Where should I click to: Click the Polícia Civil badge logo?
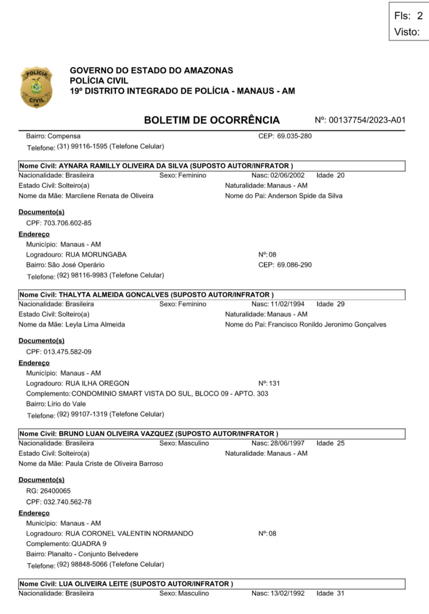coord(36,87)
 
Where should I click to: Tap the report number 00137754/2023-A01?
coord(367,120)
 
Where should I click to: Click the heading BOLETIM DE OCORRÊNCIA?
coord(212,120)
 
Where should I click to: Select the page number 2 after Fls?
coord(419,16)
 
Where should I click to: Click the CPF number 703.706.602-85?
coord(67,223)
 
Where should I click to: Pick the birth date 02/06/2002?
coord(287,175)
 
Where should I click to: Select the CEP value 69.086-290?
coord(294,265)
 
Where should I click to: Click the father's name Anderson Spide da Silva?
coord(305,196)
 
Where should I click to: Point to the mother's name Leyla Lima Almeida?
coord(95,325)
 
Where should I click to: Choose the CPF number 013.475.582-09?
coord(67,352)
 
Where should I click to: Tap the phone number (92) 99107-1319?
coord(82,414)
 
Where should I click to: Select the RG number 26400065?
coord(55,491)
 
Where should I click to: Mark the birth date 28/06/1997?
coord(287,443)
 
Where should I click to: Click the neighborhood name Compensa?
coord(64,136)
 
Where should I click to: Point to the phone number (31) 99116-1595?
coord(82,146)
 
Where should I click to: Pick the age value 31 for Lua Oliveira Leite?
coord(340,593)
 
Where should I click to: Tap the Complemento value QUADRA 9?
coord(89,544)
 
